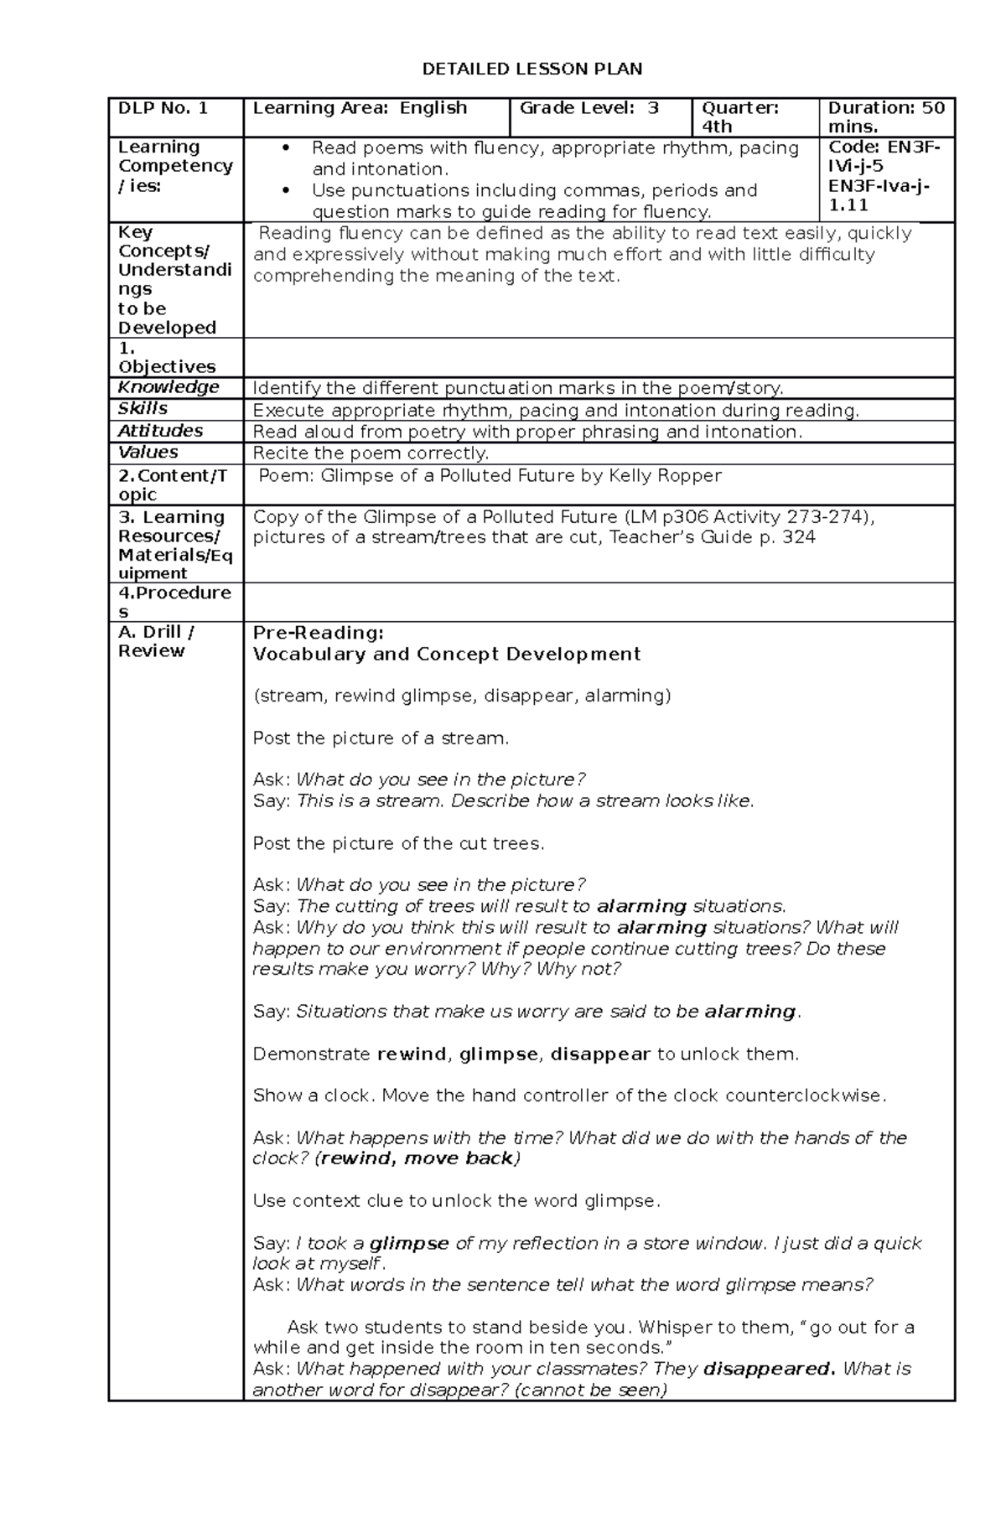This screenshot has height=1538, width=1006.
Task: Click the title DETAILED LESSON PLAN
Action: click(532, 69)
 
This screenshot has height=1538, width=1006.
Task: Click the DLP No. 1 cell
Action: click(163, 108)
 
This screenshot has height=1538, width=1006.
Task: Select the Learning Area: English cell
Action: click(360, 108)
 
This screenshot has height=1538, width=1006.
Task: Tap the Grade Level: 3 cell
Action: click(589, 108)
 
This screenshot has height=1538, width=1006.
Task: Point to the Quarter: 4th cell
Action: click(740, 117)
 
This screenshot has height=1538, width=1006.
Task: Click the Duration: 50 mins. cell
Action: click(886, 117)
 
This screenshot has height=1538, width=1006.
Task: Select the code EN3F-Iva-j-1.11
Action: click(879, 194)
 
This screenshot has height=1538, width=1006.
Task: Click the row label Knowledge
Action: click(169, 387)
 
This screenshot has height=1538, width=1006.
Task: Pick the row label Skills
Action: click(143, 409)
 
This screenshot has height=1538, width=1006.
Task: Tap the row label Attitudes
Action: click(160, 431)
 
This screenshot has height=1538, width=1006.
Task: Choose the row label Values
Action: click(148, 453)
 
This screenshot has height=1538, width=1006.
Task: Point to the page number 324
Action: click(798, 537)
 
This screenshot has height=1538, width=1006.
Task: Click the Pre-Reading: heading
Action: click(318, 633)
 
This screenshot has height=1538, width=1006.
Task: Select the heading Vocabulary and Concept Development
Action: click(447, 655)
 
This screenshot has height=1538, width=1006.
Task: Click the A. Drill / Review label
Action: click(158, 642)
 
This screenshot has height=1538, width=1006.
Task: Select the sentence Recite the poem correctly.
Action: click(371, 453)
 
